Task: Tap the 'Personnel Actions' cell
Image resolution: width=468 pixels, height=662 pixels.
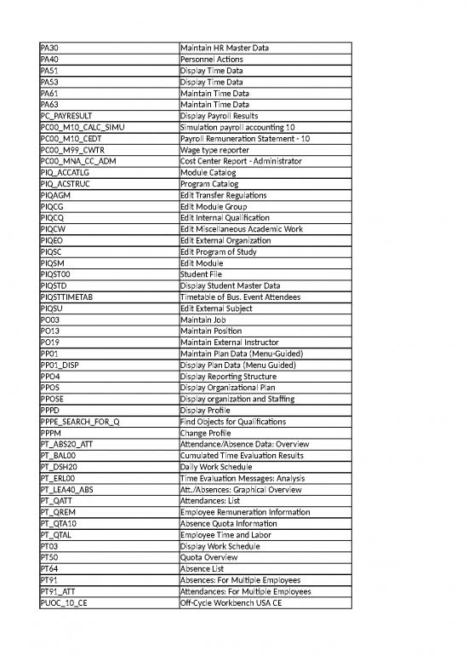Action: click(x=212, y=60)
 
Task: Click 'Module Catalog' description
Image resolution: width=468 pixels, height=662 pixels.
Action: click(x=210, y=173)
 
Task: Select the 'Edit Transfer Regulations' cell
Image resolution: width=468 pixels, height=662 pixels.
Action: click(x=225, y=195)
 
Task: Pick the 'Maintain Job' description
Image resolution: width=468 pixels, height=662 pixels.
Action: click(x=203, y=319)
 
